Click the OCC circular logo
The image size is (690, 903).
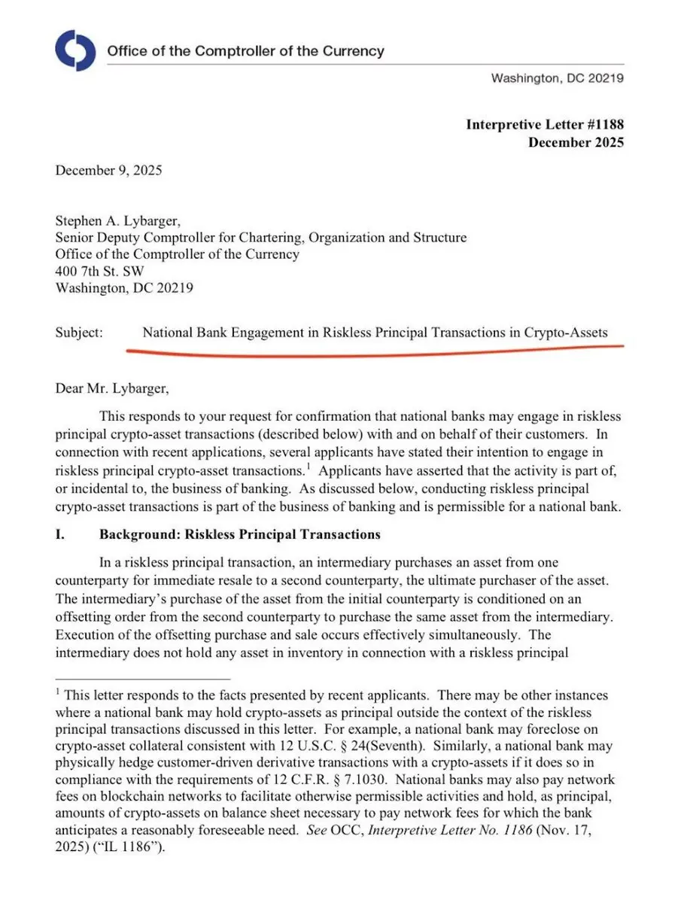75,50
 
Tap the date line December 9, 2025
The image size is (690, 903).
108,170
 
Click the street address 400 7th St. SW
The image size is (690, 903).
100,271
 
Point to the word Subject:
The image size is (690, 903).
79,332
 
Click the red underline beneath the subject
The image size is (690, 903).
376,348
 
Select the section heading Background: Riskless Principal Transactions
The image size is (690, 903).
239,535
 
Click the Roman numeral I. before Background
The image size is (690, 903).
59,535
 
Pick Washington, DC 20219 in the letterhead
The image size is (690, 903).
557,78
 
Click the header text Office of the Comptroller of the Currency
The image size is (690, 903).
245,52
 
